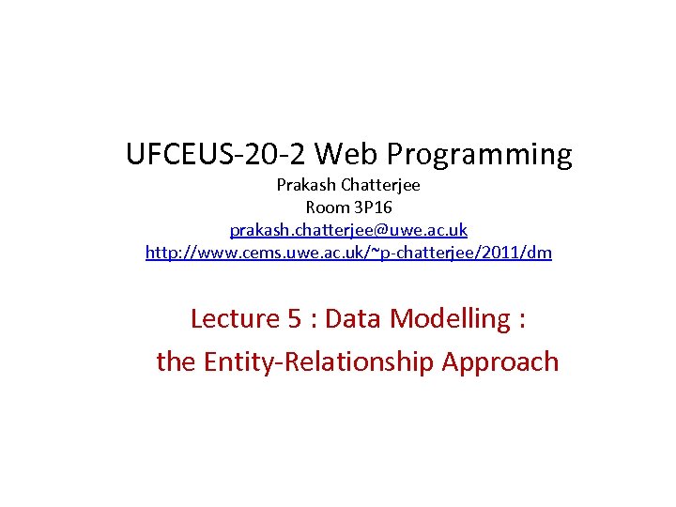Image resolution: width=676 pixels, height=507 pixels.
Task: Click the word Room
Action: [327, 207]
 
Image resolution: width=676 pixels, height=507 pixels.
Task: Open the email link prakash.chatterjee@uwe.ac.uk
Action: [348, 230]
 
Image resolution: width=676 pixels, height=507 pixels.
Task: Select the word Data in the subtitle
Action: [354, 319]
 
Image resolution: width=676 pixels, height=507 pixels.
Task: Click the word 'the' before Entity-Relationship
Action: [176, 362]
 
